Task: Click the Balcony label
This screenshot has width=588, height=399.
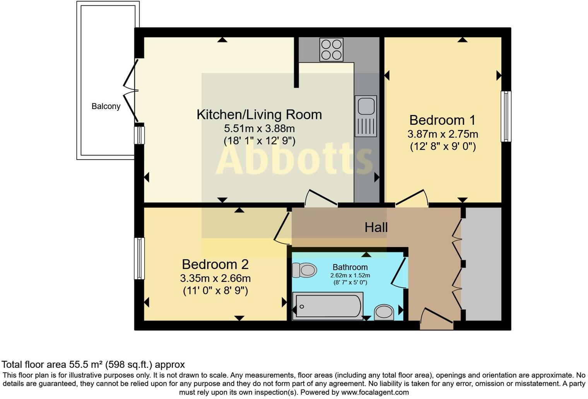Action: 106,106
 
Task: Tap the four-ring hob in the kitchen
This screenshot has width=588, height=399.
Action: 331,49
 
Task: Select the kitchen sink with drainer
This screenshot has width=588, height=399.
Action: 366,116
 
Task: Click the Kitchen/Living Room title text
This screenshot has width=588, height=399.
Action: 259,114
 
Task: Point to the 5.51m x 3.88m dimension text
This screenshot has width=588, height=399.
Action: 259,128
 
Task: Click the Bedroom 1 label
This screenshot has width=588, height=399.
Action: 442,120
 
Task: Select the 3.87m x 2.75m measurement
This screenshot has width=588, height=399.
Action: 443,134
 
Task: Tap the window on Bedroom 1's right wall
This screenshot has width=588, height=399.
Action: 506,116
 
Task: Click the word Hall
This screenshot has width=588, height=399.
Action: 376,227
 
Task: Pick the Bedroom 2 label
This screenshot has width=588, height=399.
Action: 215,264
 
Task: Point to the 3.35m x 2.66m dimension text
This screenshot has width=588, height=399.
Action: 215,278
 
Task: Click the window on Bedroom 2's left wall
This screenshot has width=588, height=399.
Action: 139,258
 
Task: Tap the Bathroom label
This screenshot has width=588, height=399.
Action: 350,267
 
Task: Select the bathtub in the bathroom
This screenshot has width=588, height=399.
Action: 328,306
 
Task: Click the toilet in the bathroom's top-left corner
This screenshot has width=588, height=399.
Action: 304,270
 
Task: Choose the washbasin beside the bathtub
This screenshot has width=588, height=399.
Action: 384,312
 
